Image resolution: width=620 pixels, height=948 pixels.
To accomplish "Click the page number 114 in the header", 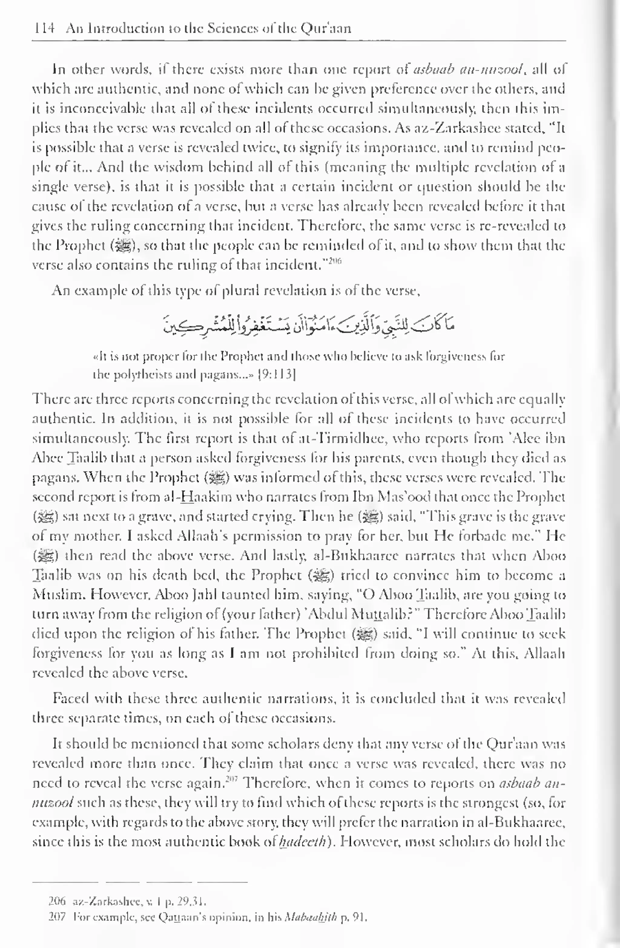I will pos(44,29).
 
